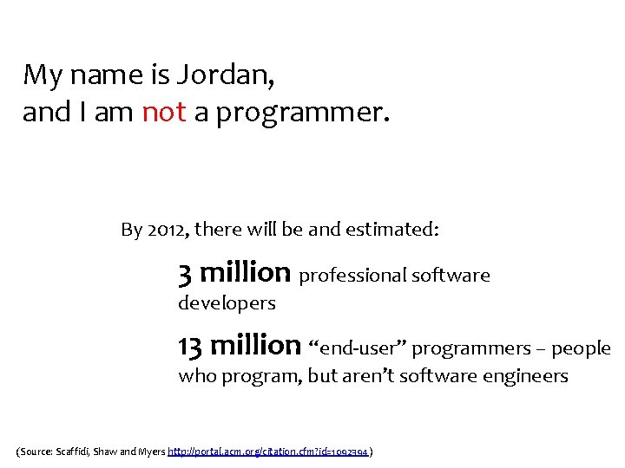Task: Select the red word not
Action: (x=163, y=113)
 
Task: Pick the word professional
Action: (x=352, y=276)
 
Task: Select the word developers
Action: (x=227, y=303)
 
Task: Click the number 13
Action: (x=190, y=346)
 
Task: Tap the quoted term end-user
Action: (x=358, y=348)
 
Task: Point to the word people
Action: (x=581, y=349)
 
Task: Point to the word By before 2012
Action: (x=131, y=230)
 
